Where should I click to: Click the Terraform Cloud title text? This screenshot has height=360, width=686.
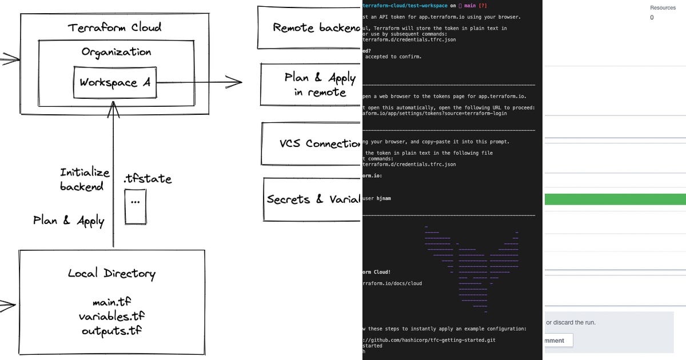pyautogui.click(x=114, y=27)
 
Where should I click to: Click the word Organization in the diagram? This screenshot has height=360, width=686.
pyautogui.click(x=116, y=52)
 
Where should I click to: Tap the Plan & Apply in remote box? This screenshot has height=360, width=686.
pyautogui.click(x=312, y=85)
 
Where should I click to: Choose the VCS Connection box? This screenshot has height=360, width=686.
pyautogui.click(x=312, y=143)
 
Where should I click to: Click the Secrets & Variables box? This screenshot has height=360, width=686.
pyautogui.click(x=313, y=199)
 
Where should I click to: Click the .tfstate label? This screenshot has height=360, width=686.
pyautogui.click(x=147, y=178)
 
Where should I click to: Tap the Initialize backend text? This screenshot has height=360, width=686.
pyautogui.click(x=84, y=179)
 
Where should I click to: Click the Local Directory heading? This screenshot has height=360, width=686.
pyautogui.click(x=111, y=273)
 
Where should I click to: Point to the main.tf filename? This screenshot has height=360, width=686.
pyautogui.click(x=111, y=302)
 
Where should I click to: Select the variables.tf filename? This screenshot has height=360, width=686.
pyautogui.click(x=111, y=316)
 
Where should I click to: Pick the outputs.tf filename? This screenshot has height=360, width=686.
pyautogui.click(x=111, y=330)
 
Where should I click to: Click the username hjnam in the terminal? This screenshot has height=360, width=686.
pyautogui.click(x=384, y=198)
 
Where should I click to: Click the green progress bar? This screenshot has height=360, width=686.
pyautogui.click(x=615, y=199)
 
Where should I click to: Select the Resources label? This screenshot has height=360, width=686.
pyautogui.click(x=663, y=8)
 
